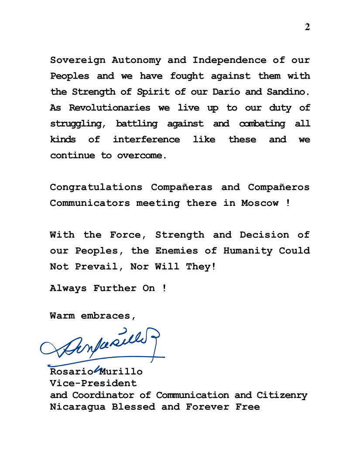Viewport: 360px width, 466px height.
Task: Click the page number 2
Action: tap(307, 27)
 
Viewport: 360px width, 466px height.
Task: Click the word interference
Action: tap(146, 140)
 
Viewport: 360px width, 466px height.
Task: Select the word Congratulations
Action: tap(96, 187)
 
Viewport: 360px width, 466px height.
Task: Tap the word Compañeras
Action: tap(182, 187)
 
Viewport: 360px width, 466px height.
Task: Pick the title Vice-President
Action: tap(93, 384)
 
